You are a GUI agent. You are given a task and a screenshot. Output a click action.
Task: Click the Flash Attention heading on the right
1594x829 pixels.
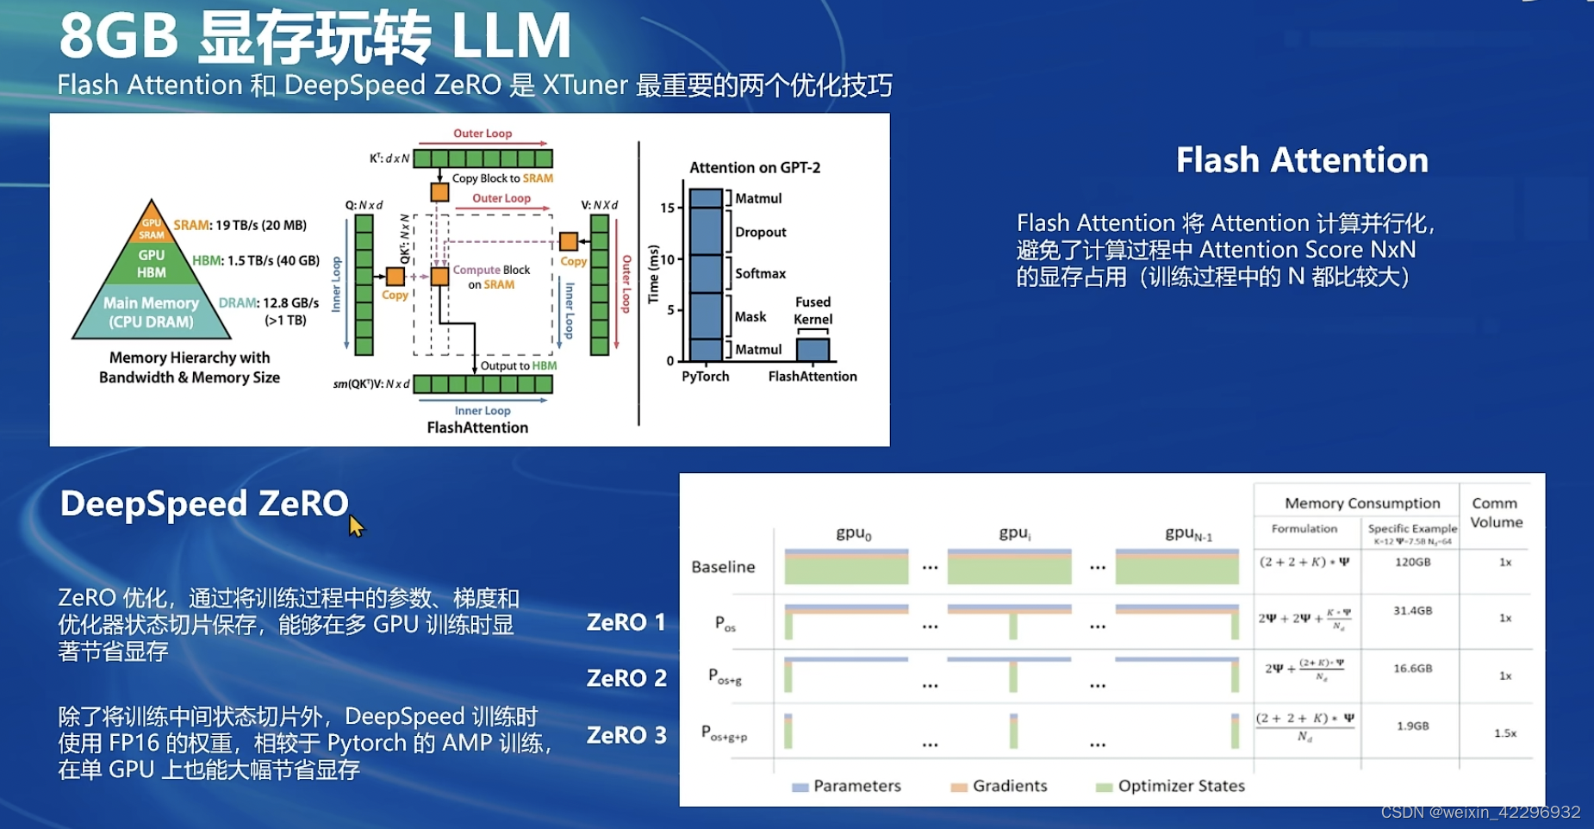pyautogui.click(x=1301, y=160)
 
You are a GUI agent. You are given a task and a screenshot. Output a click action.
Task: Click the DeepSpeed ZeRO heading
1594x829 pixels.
pyautogui.click(x=204, y=504)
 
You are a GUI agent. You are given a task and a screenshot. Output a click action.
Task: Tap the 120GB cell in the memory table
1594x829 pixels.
pyautogui.click(x=1412, y=562)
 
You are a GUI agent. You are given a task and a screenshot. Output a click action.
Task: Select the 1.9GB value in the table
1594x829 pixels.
pyautogui.click(x=1412, y=726)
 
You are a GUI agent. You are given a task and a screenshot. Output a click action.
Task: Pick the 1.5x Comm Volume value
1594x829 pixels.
pyautogui.click(x=1504, y=732)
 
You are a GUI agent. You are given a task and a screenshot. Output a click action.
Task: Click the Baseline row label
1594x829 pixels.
pyautogui.click(x=723, y=567)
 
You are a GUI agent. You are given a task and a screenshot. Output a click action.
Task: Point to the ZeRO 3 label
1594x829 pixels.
pyautogui.click(x=626, y=735)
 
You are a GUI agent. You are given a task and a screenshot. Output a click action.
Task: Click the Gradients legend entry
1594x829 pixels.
pyautogui.click(x=1009, y=786)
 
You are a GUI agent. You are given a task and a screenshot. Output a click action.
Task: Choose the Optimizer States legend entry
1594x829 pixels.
pyautogui.click(x=1180, y=786)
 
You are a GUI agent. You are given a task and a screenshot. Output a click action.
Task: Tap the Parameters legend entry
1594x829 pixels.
pyautogui.click(x=856, y=786)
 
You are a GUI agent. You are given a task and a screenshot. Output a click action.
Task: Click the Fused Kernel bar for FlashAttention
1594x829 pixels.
pyautogui.click(x=812, y=349)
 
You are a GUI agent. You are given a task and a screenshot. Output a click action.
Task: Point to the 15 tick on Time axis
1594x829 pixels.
pyautogui.click(x=668, y=208)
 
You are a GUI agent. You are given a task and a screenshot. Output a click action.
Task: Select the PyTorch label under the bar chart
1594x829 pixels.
pyautogui.click(x=705, y=377)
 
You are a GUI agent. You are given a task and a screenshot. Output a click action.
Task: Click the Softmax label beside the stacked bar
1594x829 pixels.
pyautogui.click(x=760, y=273)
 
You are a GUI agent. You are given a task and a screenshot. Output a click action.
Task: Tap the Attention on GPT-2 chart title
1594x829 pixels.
pyautogui.click(x=754, y=168)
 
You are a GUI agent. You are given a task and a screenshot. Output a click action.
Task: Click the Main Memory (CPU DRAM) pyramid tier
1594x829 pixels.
pyautogui.click(x=151, y=313)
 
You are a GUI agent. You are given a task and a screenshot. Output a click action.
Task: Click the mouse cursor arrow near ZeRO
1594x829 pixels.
pyautogui.click(x=356, y=526)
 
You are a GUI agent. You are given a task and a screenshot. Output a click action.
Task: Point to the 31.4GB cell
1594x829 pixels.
pyautogui.click(x=1412, y=610)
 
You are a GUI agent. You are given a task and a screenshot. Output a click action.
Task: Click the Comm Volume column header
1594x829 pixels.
pyautogui.click(x=1496, y=512)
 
